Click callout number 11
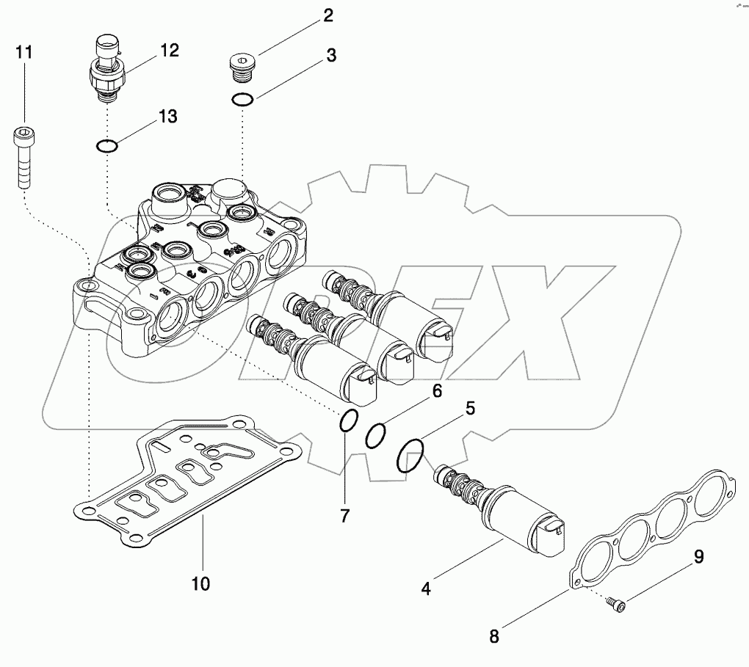[24, 52]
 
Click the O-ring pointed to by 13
[107, 146]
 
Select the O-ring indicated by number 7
[350, 422]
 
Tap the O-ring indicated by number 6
[375, 434]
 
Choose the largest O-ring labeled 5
[410, 456]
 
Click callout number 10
[200, 584]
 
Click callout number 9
[698, 558]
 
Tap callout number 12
[170, 50]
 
